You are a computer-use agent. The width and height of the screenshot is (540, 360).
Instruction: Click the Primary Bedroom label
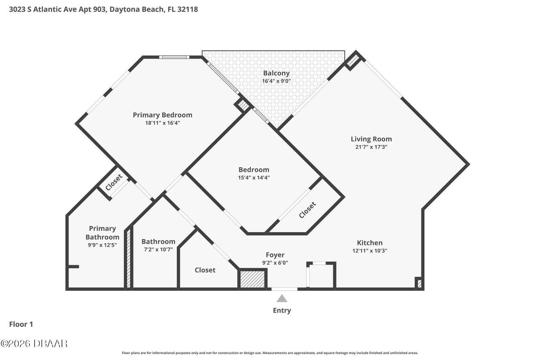[162, 115]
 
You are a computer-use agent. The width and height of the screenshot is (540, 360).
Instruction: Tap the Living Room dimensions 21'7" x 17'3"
[371, 147]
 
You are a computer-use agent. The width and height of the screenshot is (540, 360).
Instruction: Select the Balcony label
[276, 73]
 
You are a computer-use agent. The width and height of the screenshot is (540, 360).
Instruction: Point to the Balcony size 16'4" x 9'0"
[276, 81]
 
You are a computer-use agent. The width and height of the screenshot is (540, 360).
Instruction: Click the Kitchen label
[370, 243]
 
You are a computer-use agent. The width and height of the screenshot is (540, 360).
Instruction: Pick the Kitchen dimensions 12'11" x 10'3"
[370, 251]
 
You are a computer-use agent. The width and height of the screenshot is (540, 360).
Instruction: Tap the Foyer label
[275, 255]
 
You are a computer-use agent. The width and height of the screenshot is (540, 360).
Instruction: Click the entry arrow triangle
[282, 299]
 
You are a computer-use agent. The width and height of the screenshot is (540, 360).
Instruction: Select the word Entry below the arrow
[282, 311]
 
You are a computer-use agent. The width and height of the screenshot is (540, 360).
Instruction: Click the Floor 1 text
[21, 324]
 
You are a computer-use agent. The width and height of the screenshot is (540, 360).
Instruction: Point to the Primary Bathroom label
[102, 233]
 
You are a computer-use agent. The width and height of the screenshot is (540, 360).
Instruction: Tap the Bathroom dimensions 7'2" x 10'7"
[158, 249]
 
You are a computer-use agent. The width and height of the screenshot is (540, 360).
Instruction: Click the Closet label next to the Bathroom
[205, 270]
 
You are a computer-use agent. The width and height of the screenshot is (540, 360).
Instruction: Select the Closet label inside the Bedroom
[308, 210]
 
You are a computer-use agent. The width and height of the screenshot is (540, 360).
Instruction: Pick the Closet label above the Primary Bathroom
[114, 182]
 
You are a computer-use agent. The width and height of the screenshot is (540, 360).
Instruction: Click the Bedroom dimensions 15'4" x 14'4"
[254, 178]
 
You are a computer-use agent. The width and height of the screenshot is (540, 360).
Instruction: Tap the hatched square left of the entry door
[252, 279]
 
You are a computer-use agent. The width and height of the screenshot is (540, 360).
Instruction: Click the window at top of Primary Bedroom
[174, 57]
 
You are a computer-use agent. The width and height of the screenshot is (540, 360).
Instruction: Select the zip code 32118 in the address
[187, 9]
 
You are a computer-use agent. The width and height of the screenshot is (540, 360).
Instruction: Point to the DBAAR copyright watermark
[34, 344]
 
